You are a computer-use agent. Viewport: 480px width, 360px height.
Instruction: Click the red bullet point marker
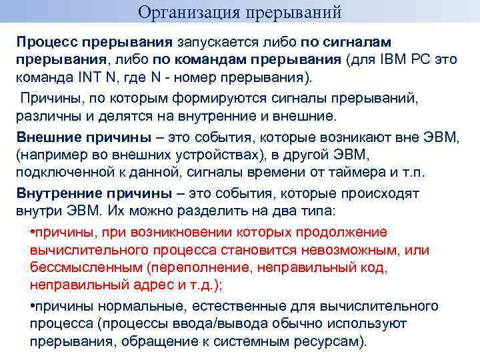pyautogui.click(x=33, y=233)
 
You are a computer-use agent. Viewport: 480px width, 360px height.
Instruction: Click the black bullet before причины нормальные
pyautogui.click(x=33, y=306)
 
